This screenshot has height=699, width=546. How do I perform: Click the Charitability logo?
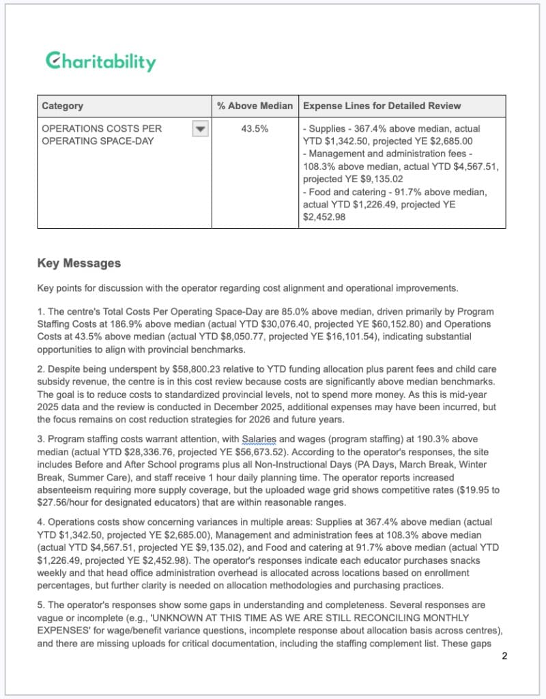click(x=100, y=61)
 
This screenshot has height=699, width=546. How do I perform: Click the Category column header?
click(x=63, y=106)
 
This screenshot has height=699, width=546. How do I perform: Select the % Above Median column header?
click(x=255, y=106)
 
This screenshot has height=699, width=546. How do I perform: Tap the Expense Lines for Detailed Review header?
click(x=382, y=106)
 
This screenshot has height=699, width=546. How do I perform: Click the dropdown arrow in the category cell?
click(x=199, y=129)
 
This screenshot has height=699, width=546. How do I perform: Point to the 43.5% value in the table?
click(x=255, y=128)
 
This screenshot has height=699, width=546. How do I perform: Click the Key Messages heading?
click(x=78, y=263)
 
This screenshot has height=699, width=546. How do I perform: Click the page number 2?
click(x=504, y=657)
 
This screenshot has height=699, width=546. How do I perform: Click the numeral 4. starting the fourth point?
click(x=41, y=522)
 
